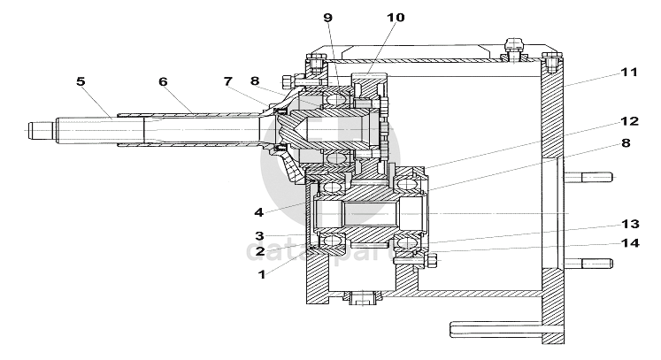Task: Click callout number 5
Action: pos(81,81)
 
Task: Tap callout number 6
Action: pos(163,81)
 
